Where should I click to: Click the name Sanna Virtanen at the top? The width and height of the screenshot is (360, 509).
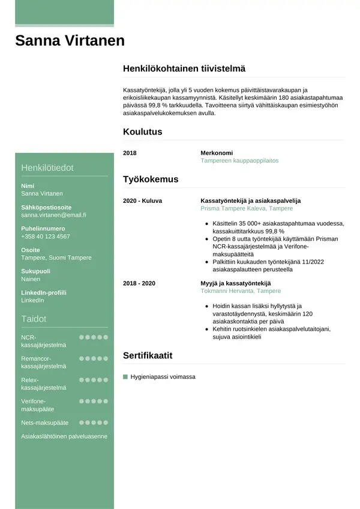tap(70, 41)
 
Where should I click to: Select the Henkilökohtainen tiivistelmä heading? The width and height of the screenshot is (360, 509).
tap(184, 69)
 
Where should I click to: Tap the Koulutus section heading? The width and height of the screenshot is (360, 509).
tap(142, 132)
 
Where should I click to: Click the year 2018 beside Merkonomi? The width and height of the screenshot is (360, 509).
tap(130, 153)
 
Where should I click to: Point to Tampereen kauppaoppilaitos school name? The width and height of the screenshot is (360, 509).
tap(239, 161)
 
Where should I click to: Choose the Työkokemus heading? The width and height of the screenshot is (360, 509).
tap(151, 179)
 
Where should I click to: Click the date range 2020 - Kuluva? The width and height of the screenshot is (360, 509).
tap(142, 200)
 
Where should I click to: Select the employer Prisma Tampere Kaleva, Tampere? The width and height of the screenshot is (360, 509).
tap(247, 208)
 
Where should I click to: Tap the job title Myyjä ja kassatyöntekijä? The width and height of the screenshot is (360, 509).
tap(236, 283)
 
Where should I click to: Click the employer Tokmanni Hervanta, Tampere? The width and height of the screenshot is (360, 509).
tap(241, 291)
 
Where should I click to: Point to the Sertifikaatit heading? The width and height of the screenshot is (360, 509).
tap(148, 355)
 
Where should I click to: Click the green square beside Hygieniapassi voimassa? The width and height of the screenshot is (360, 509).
tap(125, 377)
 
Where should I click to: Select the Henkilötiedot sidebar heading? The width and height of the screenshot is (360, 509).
tap(47, 167)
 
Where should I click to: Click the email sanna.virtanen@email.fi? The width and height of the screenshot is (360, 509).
tap(53, 215)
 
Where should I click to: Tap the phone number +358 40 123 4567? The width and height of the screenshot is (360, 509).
tap(45, 236)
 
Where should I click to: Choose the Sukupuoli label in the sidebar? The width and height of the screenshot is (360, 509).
tap(35, 271)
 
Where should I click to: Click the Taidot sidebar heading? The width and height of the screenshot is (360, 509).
tap(34, 319)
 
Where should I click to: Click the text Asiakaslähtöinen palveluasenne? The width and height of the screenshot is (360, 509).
tap(64, 436)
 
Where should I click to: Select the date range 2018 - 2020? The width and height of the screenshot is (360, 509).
tap(139, 283)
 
